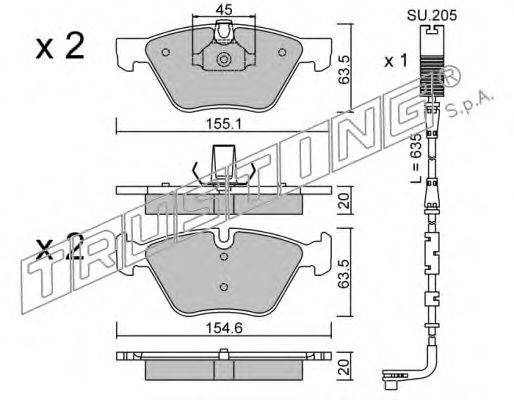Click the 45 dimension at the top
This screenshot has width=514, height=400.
[224, 10]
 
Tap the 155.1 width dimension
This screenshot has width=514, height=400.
[224, 125]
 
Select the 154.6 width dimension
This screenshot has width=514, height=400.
[224, 329]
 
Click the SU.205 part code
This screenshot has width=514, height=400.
[432, 15]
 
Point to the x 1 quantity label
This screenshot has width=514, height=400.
[396, 61]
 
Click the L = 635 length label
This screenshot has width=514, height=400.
[416, 158]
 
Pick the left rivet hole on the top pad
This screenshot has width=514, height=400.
[166, 52]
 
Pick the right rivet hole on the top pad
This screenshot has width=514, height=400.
[282, 52]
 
